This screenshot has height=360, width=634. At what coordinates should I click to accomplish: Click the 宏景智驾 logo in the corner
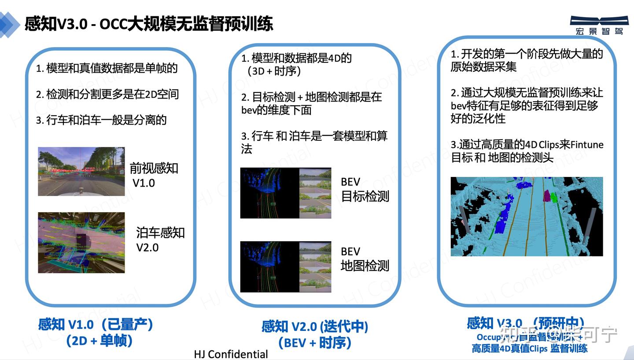(x=599, y=25)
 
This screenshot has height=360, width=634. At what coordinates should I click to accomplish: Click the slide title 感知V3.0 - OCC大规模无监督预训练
(x=149, y=24)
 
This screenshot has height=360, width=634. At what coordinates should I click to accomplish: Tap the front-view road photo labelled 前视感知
(x=81, y=171)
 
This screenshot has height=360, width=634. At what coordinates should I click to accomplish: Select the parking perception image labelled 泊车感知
(x=81, y=242)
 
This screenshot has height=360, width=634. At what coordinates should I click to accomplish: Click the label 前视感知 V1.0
(x=154, y=175)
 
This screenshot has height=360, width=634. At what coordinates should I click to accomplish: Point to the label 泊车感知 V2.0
(x=160, y=240)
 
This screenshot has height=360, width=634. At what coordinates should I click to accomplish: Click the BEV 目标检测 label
(x=365, y=189)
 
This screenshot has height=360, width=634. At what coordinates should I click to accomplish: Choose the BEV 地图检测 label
(x=365, y=259)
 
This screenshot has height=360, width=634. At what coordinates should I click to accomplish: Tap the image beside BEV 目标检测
(x=285, y=193)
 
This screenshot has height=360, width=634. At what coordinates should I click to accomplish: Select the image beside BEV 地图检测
(x=285, y=267)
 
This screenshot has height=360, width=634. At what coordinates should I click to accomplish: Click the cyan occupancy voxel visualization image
(x=527, y=217)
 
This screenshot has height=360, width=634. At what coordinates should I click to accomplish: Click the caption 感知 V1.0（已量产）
(x=96, y=325)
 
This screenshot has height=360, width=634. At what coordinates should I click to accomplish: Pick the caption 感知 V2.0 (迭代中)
(x=315, y=327)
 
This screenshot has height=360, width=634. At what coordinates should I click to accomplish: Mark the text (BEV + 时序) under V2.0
(x=315, y=343)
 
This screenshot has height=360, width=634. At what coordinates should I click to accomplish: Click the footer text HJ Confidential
(x=231, y=354)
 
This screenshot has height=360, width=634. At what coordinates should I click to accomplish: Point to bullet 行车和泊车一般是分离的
(x=101, y=120)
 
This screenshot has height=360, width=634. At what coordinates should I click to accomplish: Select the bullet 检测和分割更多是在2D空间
(x=107, y=94)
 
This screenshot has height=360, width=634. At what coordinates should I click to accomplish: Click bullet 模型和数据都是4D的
(x=296, y=58)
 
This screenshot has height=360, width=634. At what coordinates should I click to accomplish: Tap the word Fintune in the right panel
(x=587, y=145)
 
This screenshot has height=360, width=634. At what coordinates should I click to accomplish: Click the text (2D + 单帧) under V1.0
(x=99, y=341)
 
